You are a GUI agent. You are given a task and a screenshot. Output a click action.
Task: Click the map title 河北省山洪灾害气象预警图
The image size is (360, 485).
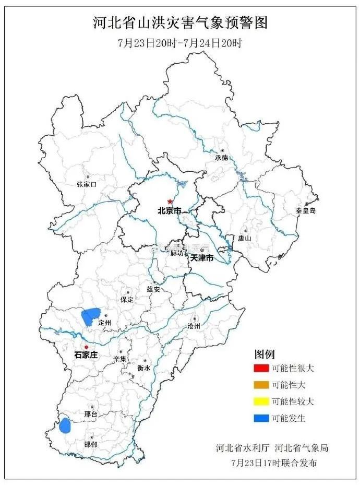[x=180, y=22]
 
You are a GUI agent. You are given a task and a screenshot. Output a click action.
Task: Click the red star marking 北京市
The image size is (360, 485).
[x=170, y=202]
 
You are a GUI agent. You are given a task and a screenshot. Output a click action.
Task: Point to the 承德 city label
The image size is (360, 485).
[x=221, y=157]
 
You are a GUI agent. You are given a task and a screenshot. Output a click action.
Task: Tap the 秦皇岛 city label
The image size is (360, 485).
[x=306, y=210]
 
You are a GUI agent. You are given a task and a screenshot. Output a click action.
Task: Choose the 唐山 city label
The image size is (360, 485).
[x=245, y=238]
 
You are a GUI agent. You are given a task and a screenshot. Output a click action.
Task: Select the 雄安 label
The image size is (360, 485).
[x=154, y=289]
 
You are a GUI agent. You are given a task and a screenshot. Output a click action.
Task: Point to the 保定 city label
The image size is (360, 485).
[x=127, y=300]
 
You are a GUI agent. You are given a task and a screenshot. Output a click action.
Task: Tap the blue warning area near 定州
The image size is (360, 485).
[x=90, y=316]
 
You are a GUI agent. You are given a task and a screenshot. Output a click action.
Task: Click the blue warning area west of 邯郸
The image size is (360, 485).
[x=65, y=425]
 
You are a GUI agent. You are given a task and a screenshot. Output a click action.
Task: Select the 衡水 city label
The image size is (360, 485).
[x=144, y=368]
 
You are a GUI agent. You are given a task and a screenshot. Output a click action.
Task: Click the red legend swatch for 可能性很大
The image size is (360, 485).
[x=260, y=368]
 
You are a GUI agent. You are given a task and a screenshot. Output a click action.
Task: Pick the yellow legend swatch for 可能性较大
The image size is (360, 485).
[x=260, y=401]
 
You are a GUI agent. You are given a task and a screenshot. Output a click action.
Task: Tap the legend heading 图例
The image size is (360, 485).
[x=264, y=353]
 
